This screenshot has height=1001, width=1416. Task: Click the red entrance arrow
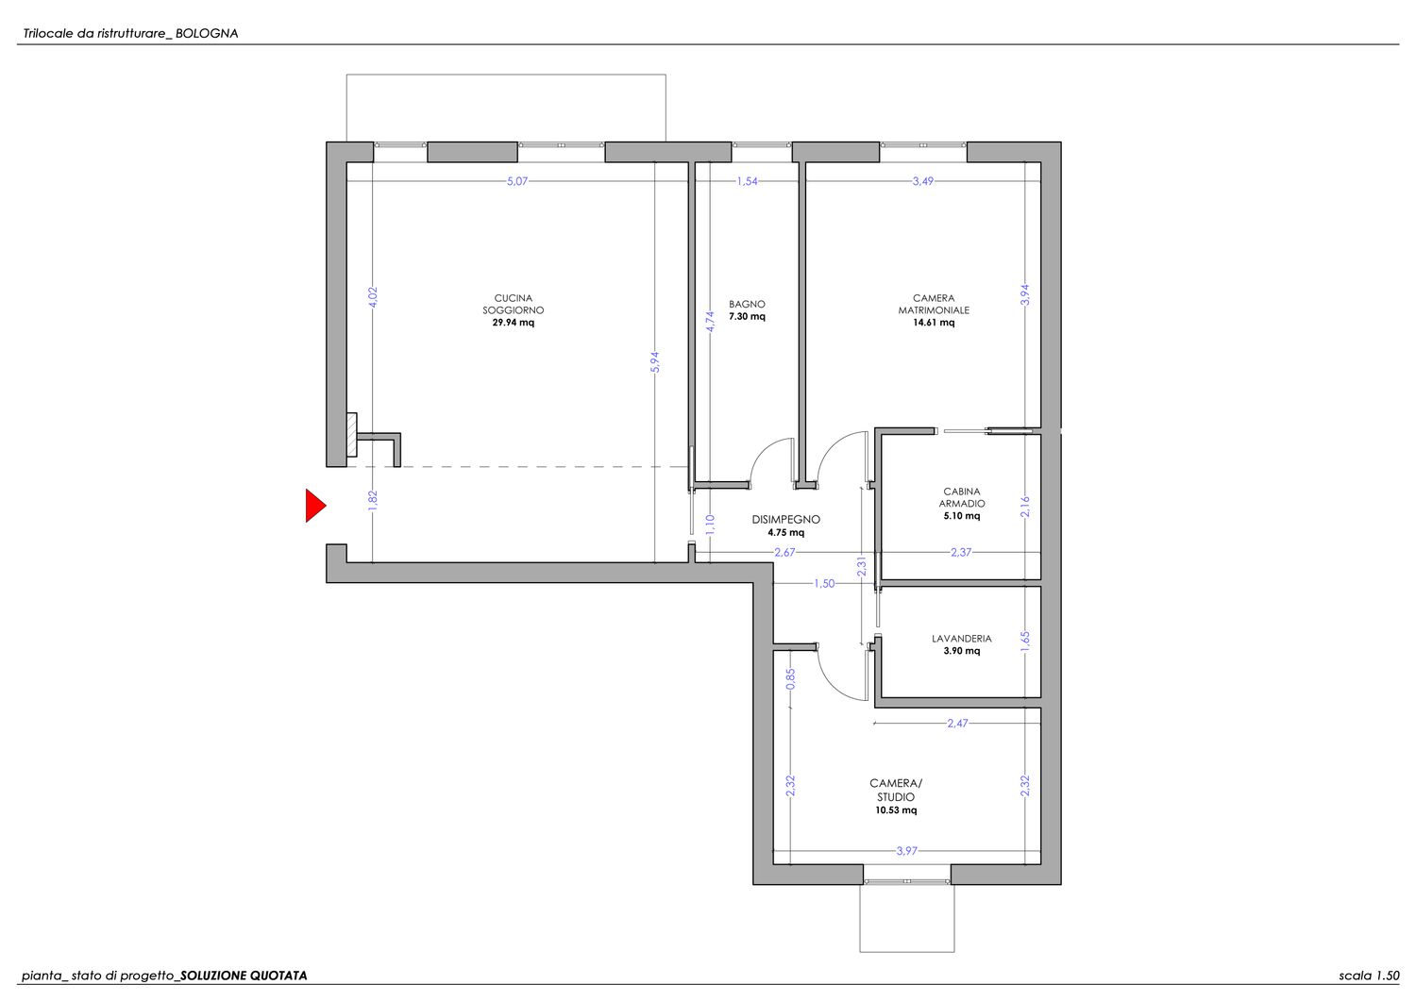click(314, 506)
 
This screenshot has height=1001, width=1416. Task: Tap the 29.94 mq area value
click(514, 323)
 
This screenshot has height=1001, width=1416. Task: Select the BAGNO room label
click(747, 304)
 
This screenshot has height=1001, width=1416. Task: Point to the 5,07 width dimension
click(517, 181)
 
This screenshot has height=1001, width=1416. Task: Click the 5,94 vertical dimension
click(655, 362)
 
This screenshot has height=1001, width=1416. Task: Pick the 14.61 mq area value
click(934, 323)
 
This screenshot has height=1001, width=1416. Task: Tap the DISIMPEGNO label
click(785, 520)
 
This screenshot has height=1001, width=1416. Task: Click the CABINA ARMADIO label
click(962, 497)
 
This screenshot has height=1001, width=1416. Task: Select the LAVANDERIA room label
click(962, 639)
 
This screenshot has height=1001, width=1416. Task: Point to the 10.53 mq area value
click(896, 810)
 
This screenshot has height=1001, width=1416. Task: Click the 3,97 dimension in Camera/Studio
click(906, 851)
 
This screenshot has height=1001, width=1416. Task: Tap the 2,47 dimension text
click(957, 723)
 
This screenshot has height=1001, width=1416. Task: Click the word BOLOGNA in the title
click(207, 34)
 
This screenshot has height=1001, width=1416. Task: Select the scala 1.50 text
click(1369, 976)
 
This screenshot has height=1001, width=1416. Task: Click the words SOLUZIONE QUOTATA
click(244, 976)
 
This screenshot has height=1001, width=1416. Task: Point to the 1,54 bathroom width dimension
click(747, 181)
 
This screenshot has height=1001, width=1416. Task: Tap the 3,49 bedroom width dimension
click(923, 181)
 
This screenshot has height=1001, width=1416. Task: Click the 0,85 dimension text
click(790, 678)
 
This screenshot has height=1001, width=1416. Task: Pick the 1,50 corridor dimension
click(824, 584)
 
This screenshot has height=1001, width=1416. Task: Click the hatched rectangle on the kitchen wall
click(351, 435)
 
